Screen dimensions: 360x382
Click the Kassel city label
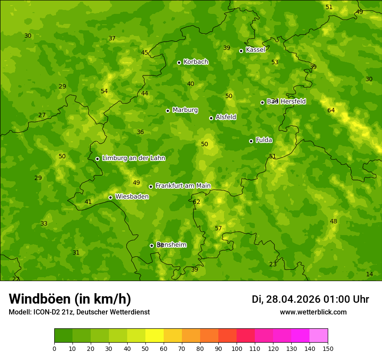(x=255, y=50)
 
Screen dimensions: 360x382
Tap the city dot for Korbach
(x=179, y=62)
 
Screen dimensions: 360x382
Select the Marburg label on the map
(x=185, y=110)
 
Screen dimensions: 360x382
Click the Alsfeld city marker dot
(x=211, y=118)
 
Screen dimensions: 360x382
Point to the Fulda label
(x=264, y=140)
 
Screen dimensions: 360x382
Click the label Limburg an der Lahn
(x=133, y=158)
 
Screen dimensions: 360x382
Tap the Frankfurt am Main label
(x=183, y=186)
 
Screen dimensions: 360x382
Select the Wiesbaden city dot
(x=110, y=197)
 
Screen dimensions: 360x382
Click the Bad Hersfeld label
(x=286, y=101)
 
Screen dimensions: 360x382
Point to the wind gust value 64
(x=331, y=111)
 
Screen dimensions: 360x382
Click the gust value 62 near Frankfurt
(x=197, y=202)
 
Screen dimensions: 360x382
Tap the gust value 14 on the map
(x=369, y=274)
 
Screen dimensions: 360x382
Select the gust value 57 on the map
(x=218, y=229)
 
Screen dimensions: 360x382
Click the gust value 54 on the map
(x=104, y=92)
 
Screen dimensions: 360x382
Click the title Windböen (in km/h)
(x=70, y=299)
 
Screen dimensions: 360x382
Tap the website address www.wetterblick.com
(x=313, y=312)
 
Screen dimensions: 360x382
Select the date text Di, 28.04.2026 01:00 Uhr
(x=310, y=299)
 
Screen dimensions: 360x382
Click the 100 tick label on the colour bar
(x=237, y=348)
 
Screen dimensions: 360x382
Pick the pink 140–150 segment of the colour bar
(x=319, y=336)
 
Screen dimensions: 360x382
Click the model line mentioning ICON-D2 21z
(x=79, y=312)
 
